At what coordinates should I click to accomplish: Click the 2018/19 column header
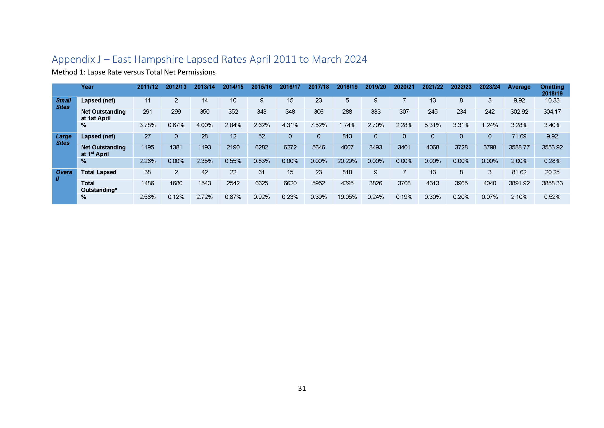pos(347,87)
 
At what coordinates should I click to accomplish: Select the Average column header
pos(519,87)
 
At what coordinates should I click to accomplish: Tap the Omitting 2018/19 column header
pos(552,90)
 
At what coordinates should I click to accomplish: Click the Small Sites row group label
pos(63,104)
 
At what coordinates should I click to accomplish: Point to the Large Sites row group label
pos(63,139)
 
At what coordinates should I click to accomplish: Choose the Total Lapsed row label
pos(99,172)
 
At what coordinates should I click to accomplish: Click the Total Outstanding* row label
pos(99,187)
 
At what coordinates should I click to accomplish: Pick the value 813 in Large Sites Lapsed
pos(347,136)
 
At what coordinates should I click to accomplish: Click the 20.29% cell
pos(347,161)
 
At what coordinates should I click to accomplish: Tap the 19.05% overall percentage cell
pos(347,197)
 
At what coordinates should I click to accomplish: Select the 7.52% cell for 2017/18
pos(318,125)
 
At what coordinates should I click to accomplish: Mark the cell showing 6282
pos(261,147)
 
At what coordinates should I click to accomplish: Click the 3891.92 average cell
pos(519,183)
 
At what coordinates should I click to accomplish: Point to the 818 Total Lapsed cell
pos(347,172)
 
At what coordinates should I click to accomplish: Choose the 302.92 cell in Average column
pos(519,112)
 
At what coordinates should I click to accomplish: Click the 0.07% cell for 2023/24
pos(490,197)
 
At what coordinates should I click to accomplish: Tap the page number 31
pos(302,388)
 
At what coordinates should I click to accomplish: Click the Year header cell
pos(87,87)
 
